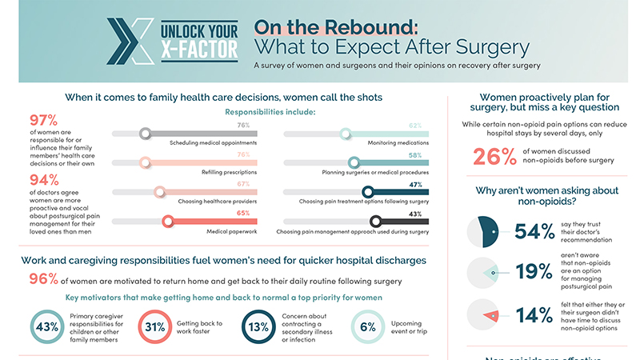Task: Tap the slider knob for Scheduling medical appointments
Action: [145, 134]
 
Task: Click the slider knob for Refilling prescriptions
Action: [145, 162]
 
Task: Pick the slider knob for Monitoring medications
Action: [346, 134]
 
